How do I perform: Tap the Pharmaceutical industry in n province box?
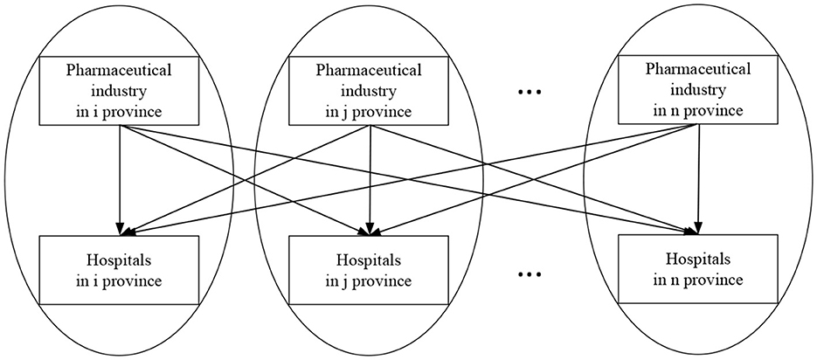tap(694, 88)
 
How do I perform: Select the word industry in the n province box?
tap(694, 90)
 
